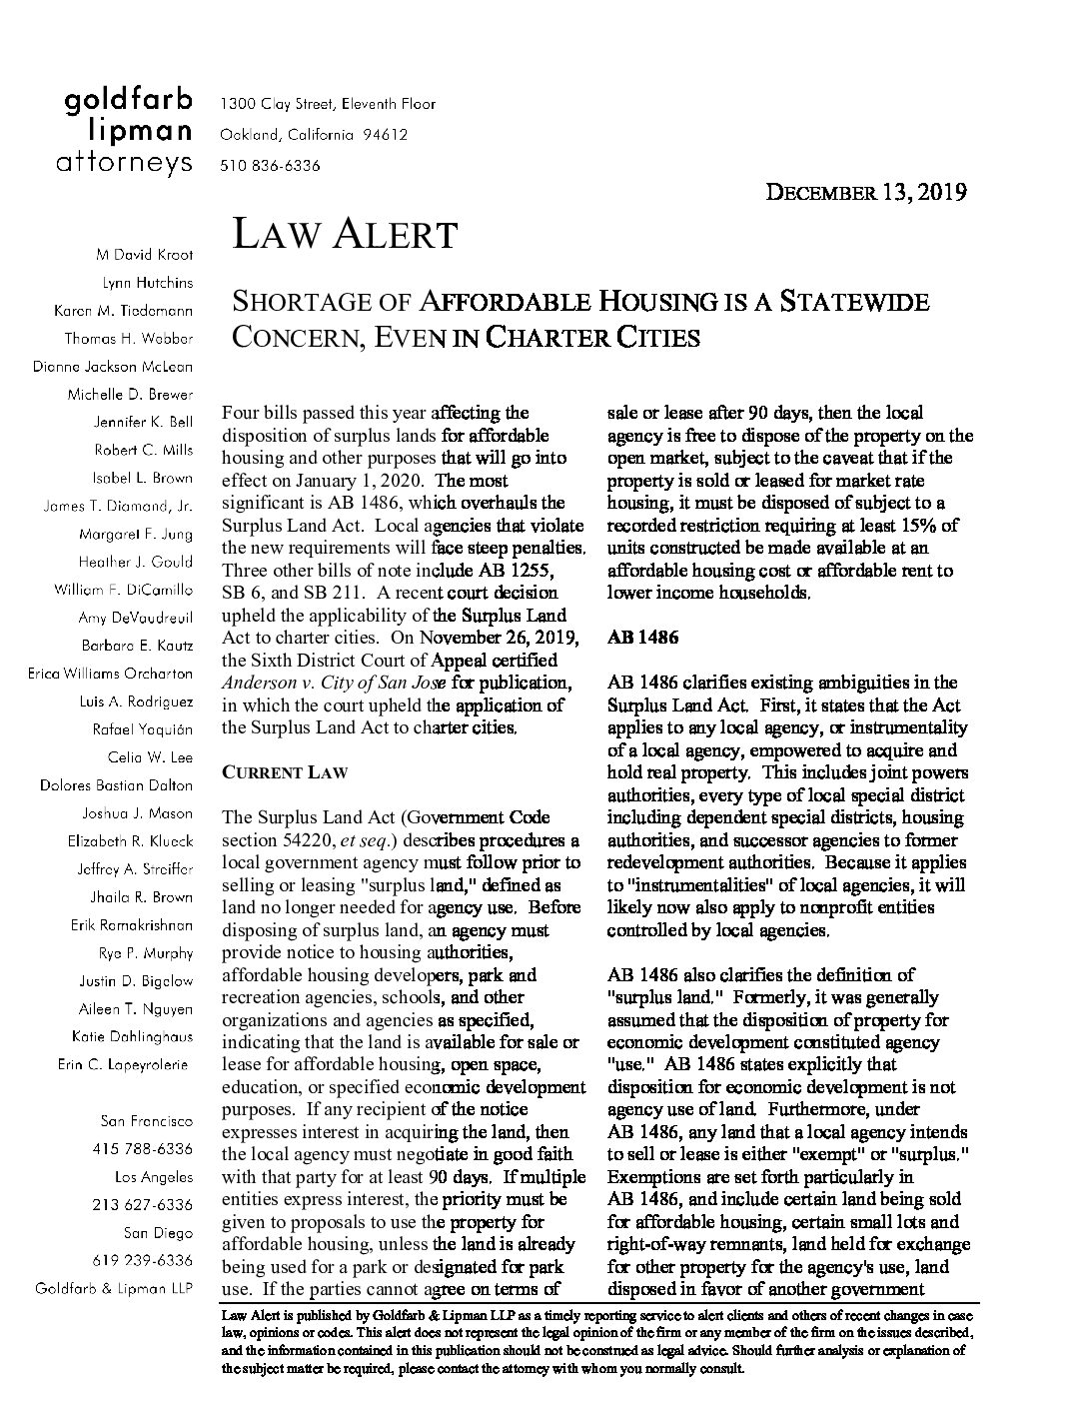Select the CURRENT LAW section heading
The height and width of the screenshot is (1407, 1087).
pos(284,772)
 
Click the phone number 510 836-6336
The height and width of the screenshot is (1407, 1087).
pos(270,165)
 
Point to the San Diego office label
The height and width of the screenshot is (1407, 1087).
pos(158,1232)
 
